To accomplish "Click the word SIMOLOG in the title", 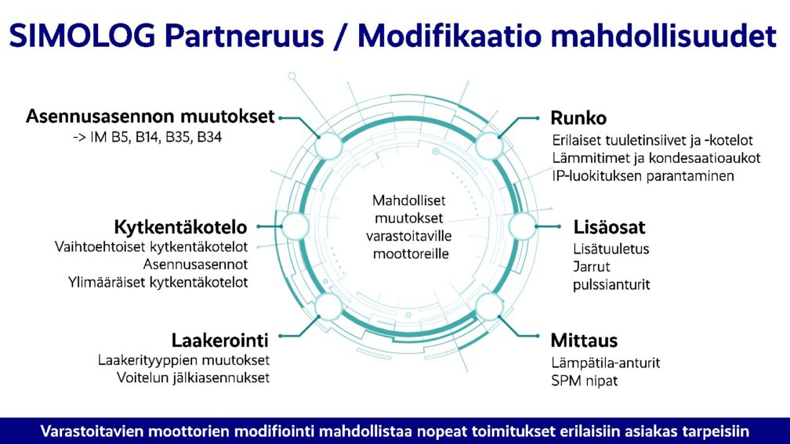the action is [x=82, y=36].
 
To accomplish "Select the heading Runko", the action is [x=578, y=117].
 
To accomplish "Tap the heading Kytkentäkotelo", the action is [x=180, y=227].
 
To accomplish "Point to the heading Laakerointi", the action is [x=219, y=341].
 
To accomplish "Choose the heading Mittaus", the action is [x=584, y=341].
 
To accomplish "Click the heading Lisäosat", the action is [x=609, y=227].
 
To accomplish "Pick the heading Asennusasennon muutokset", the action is [x=150, y=116].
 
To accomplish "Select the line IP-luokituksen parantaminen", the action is [x=643, y=176].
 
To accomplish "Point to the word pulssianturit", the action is [x=611, y=285].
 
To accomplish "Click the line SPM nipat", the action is [x=585, y=381].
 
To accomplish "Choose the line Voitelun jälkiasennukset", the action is [x=193, y=378].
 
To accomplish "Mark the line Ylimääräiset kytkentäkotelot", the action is [x=158, y=283].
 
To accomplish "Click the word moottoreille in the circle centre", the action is [x=411, y=254].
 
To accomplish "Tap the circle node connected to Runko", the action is [x=489, y=146].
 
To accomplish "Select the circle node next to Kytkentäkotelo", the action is [x=295, y=226].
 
